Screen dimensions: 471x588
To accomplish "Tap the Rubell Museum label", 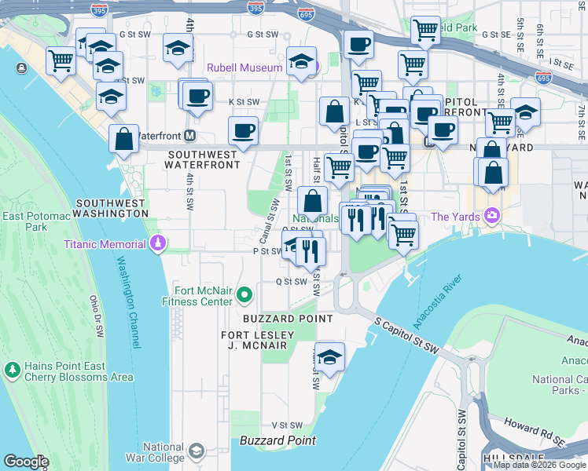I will [x=244, y=68].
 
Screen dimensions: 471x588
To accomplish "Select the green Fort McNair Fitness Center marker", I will [x=244, y=295].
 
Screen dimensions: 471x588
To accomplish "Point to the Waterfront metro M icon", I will [x=189, y=136].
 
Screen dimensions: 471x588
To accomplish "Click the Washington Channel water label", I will [x=130, y=302].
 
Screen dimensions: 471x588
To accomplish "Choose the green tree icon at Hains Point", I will [x=12, y=369].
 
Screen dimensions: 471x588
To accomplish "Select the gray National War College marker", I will [x=195, y=451].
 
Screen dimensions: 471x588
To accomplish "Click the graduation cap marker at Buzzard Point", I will [x=329, y=358].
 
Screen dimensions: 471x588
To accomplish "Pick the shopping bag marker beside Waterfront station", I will [x=124, y=140].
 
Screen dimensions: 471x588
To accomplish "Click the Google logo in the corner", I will [x=26, y=462].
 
